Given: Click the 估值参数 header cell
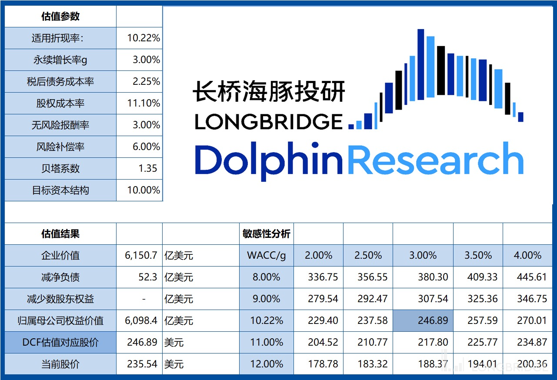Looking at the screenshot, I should (x=60, y=17).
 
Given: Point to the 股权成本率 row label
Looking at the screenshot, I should (x=60, y=103).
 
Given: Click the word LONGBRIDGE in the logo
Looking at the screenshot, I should (x=268, y=122).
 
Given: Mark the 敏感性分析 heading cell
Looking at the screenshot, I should (x=267, y=234).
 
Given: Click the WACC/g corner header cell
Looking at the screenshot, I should (x=267, y=256).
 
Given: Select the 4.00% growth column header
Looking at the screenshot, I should (x=527, y=256).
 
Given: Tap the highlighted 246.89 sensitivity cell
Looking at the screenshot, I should (x=423, y=321).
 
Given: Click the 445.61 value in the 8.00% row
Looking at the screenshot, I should (x=532, y=277).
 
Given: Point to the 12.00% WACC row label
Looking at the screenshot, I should (x=267, y=364).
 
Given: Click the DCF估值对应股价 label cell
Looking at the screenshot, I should (x=60, y=343).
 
